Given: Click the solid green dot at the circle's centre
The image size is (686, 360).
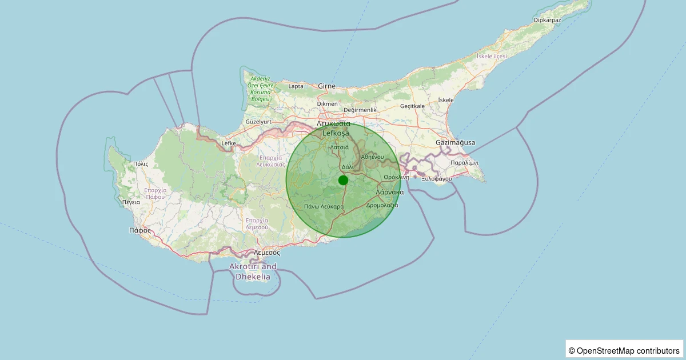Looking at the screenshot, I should (x=343, y=180).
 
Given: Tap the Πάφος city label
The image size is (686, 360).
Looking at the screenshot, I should (x=140, y=231).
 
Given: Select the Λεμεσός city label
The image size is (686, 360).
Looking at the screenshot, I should (x=266, y=252).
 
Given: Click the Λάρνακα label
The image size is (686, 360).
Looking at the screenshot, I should (x=390, y=193).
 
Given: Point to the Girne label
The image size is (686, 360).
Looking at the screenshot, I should (x=327, y=86).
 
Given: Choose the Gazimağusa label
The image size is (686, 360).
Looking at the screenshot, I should (x=455, y=142).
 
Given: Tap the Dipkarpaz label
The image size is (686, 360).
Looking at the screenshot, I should (x=547, y=20).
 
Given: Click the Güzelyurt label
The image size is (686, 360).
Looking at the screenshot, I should (x=258, y=122).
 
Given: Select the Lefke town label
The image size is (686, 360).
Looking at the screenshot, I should (x=229, y=143).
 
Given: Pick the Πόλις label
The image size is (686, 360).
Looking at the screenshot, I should (x=141, y=164).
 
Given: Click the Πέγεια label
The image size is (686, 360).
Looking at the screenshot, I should (x=131, y=202).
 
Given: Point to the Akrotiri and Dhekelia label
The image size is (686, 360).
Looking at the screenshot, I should (x=253, y=271).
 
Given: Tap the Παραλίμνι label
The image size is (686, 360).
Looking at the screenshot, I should (x=464, y=163).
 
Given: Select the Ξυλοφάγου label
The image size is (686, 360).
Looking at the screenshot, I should (x=437, y=179).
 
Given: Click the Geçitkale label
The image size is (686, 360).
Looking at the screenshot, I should (x=412, y=106).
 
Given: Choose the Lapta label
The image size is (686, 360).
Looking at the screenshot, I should (x=296, y=86).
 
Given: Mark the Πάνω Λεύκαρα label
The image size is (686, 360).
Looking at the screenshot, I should (x=324, y=206).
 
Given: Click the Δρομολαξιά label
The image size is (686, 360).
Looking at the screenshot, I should (x=382, y=205).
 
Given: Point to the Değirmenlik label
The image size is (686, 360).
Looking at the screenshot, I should (x=360, y=110).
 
